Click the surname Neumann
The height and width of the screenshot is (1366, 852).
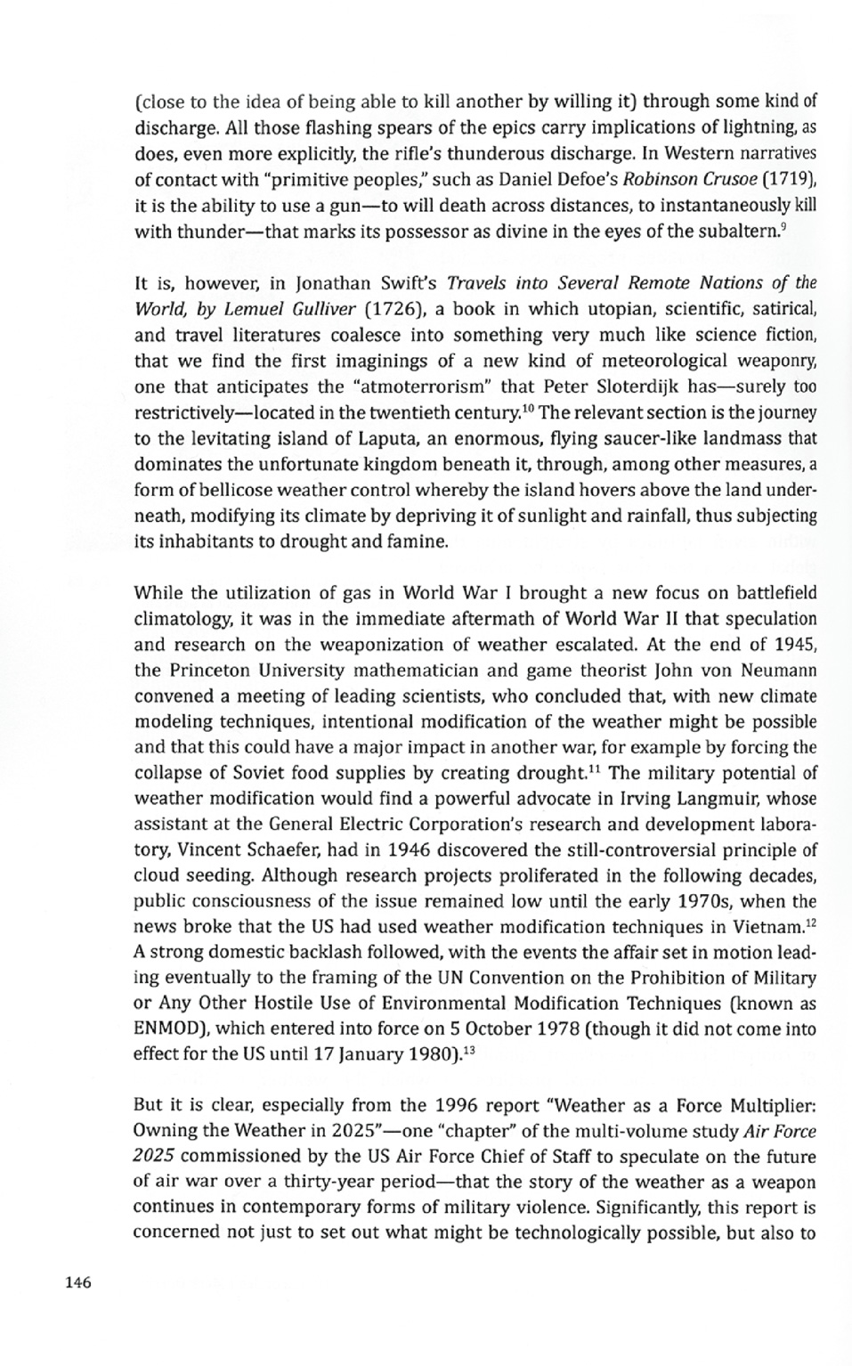[x=776, y=670]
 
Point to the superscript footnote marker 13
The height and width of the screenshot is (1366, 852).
[x=472, y=1051]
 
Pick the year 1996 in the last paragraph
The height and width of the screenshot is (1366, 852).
[x=463, y=1106]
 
